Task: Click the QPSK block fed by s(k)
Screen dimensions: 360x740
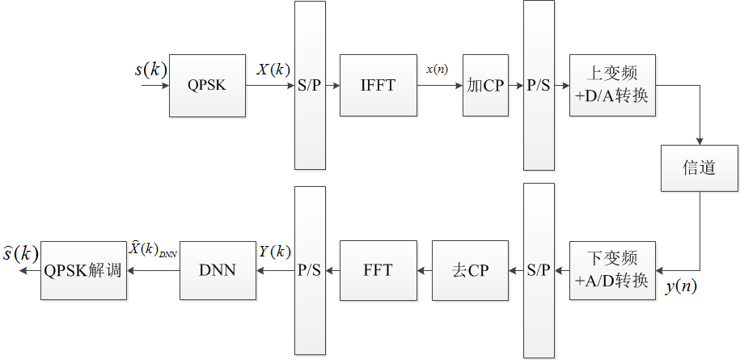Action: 207,86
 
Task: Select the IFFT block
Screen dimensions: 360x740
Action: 378,86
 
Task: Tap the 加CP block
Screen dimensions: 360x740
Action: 484,86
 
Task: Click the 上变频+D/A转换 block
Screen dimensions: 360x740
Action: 611,86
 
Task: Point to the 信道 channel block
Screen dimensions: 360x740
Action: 700,168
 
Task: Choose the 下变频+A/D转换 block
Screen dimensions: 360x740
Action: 611,270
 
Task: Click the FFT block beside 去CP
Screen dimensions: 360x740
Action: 378,270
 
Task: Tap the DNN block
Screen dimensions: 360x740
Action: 217,270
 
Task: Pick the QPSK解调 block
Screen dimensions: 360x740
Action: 82,270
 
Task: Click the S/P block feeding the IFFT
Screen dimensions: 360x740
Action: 311,86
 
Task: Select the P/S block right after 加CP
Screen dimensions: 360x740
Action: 539,86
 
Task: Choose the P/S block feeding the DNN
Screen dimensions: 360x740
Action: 310,270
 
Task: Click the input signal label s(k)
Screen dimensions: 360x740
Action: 150,70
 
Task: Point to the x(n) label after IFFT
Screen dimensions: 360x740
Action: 438,70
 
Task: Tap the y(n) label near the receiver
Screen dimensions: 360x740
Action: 682,286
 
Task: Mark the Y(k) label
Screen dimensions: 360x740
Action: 274,252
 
